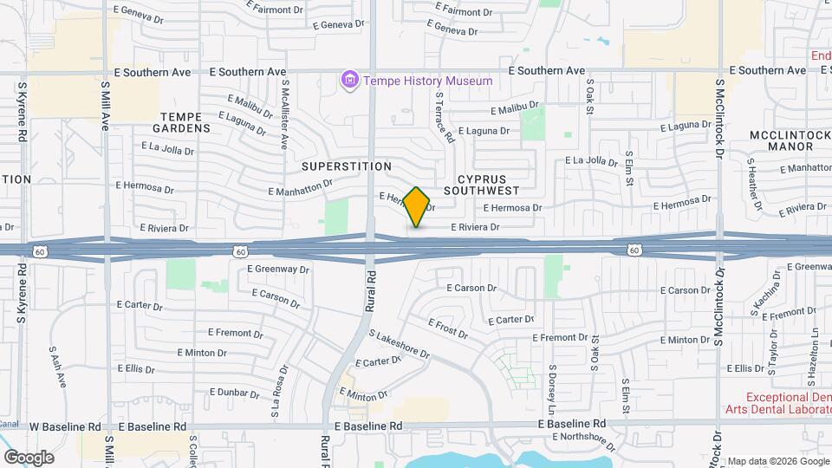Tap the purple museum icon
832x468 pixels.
coord(350,81)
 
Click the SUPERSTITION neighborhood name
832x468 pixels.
coord(347,166)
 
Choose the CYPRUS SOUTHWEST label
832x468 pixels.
coord(481,184)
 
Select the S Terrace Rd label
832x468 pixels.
coord(445,118)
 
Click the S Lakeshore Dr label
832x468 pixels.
coord(400,344)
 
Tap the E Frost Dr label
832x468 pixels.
coord(447,328)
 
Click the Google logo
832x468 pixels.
coord(29,458)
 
